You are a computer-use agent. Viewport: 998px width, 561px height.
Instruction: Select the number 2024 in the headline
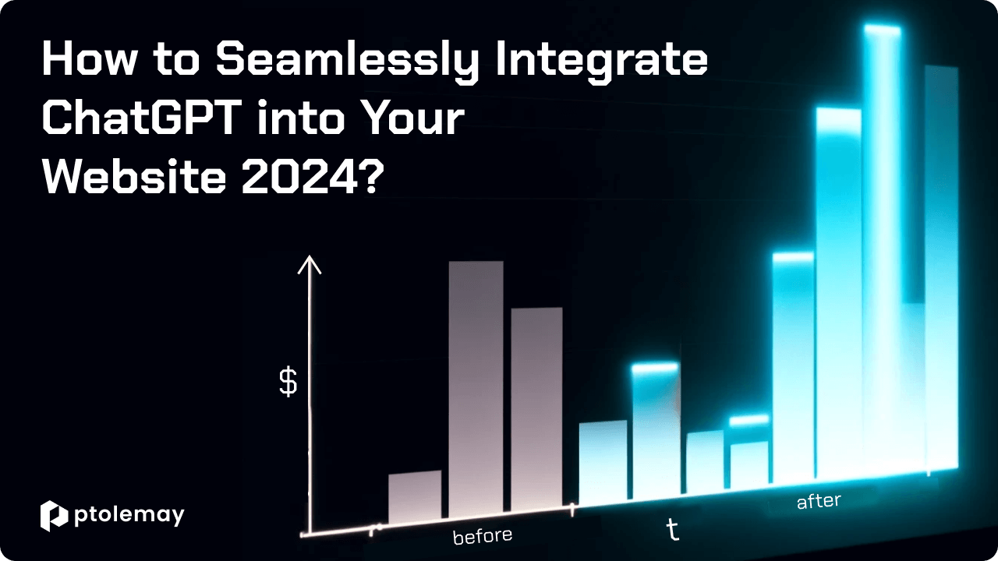[x=300, y=177]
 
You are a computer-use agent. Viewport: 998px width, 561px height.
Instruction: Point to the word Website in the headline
[x=134, y=177]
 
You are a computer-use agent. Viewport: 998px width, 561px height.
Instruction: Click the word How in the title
[x=89, y=58]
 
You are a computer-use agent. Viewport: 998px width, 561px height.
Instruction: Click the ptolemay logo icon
[x=54, y=516]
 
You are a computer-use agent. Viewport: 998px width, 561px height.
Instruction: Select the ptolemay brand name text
[x=129, y=517]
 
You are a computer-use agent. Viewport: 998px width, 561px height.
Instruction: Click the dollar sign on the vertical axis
[x=288, y=382]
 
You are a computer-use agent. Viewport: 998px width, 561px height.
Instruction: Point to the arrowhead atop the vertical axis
[x=310, y=264]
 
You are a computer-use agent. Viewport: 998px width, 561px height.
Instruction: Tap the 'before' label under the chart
[x=483, y=536]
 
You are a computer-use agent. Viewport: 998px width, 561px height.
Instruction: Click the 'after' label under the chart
[x=819, y=501]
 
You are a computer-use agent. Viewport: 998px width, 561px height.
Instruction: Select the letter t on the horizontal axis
[x=673, y=530]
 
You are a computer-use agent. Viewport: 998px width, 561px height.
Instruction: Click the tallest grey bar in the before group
[x=476, y=389]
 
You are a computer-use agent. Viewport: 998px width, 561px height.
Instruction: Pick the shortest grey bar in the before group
[x=415, y=497]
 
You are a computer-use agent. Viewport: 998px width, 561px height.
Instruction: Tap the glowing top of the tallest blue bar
[x=882, y=30]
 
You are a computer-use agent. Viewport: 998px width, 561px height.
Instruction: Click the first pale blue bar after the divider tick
[x=603, y=462]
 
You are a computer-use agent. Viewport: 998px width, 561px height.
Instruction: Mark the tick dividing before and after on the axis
[x=572, y=510]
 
